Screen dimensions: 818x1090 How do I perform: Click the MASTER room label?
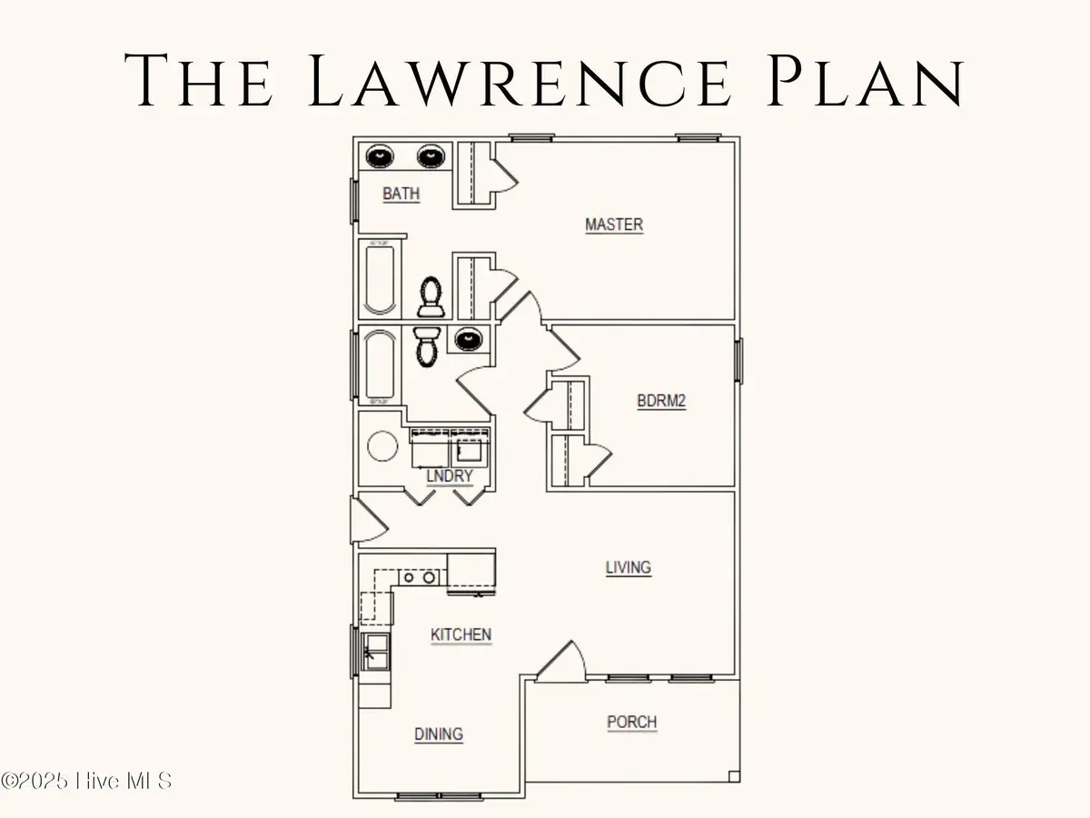[614, 224]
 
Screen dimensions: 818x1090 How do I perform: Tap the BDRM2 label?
[661, 401]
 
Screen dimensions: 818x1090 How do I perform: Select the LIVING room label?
[629, 567]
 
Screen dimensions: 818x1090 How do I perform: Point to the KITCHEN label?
[461, 634]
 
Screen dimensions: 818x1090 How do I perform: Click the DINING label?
[439, 733]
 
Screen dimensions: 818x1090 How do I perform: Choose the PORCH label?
[631, 723]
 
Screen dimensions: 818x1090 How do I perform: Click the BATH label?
[401, 194]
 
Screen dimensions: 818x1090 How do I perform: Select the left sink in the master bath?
[378, 156]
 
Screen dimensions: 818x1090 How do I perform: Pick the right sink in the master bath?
[431, 156]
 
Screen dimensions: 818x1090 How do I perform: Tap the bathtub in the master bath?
[379, 275]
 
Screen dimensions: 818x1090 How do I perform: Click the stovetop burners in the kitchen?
[419, 576]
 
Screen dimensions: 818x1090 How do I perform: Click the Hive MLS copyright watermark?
[86, 780]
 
